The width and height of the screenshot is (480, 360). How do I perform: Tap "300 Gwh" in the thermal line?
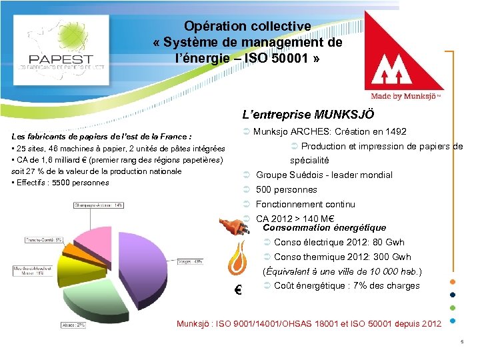click(x=391, y=257)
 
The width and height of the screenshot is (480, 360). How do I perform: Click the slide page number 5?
click(x=461, y=343)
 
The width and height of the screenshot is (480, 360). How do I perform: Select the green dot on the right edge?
click(x=453, y=308)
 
